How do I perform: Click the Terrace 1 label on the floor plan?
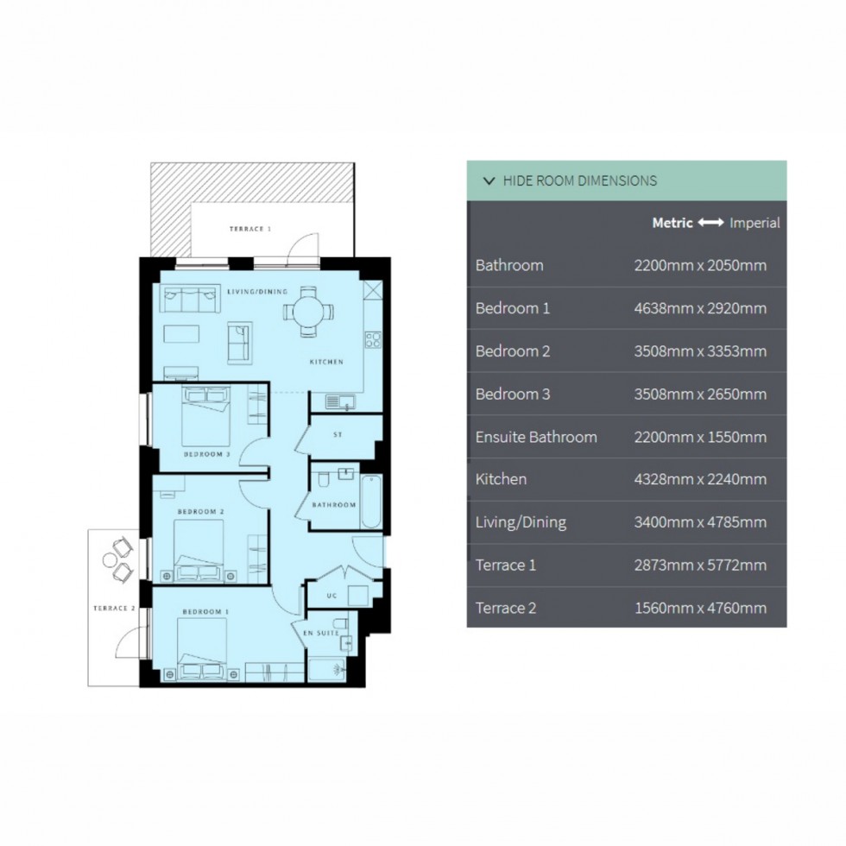250,229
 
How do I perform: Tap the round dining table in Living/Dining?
309,312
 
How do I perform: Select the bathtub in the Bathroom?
370,502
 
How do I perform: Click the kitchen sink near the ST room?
340,402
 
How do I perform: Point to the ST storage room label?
338,434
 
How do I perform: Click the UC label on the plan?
331,596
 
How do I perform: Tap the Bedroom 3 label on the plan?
206,454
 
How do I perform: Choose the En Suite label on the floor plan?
321,633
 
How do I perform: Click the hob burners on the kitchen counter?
373,339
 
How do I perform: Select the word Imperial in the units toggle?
754,223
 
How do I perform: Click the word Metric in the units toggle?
672,223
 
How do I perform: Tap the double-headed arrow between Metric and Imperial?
710,223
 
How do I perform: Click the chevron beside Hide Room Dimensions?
489,180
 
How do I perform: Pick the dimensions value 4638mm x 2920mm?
700,308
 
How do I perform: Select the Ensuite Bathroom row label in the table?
536,437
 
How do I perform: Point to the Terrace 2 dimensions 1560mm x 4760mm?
700,608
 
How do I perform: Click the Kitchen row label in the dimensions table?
501,479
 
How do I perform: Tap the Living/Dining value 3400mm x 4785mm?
700,522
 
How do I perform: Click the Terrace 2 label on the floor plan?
114,608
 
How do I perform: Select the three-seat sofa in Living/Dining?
190,299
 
